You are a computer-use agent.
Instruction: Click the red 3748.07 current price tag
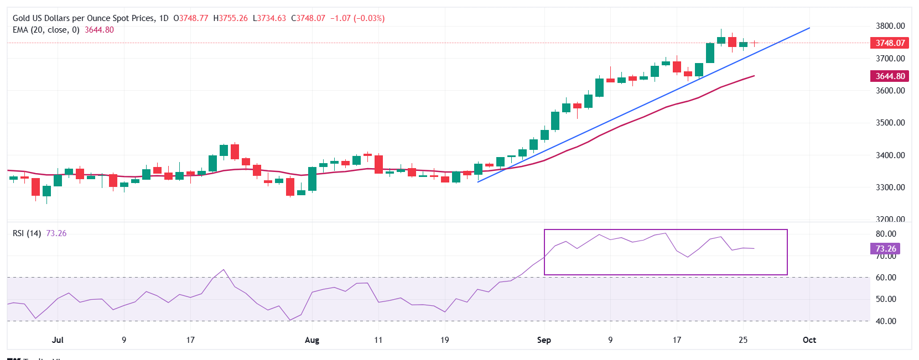(890, 43)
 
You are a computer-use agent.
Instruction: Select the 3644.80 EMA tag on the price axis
(890, 76)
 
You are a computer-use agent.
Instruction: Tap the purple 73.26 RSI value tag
(885, 249)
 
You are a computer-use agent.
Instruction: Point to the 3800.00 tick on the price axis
(890, 26)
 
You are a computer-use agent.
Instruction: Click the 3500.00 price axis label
(890, 123)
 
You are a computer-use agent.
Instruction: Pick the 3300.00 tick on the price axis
(890, 187)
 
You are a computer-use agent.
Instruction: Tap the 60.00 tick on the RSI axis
(886, 278)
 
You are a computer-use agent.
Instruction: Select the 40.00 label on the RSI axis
(886, 321)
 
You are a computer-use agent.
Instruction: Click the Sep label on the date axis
(544, 340)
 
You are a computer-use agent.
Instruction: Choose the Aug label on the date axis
(312, 340)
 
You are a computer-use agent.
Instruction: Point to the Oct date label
(809, 340)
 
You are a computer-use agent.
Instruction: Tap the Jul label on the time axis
(58, 340)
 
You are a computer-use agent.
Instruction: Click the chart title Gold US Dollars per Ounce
(83, 18)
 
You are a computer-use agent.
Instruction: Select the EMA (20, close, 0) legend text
(46, 30)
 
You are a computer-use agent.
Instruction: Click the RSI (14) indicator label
(27, 233)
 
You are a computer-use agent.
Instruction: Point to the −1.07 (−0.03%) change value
(357, 18)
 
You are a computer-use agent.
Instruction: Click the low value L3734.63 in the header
(269, 18)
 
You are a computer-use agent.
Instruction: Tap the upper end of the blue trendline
(809, 28)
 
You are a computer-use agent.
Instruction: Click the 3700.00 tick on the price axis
(890, 59)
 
